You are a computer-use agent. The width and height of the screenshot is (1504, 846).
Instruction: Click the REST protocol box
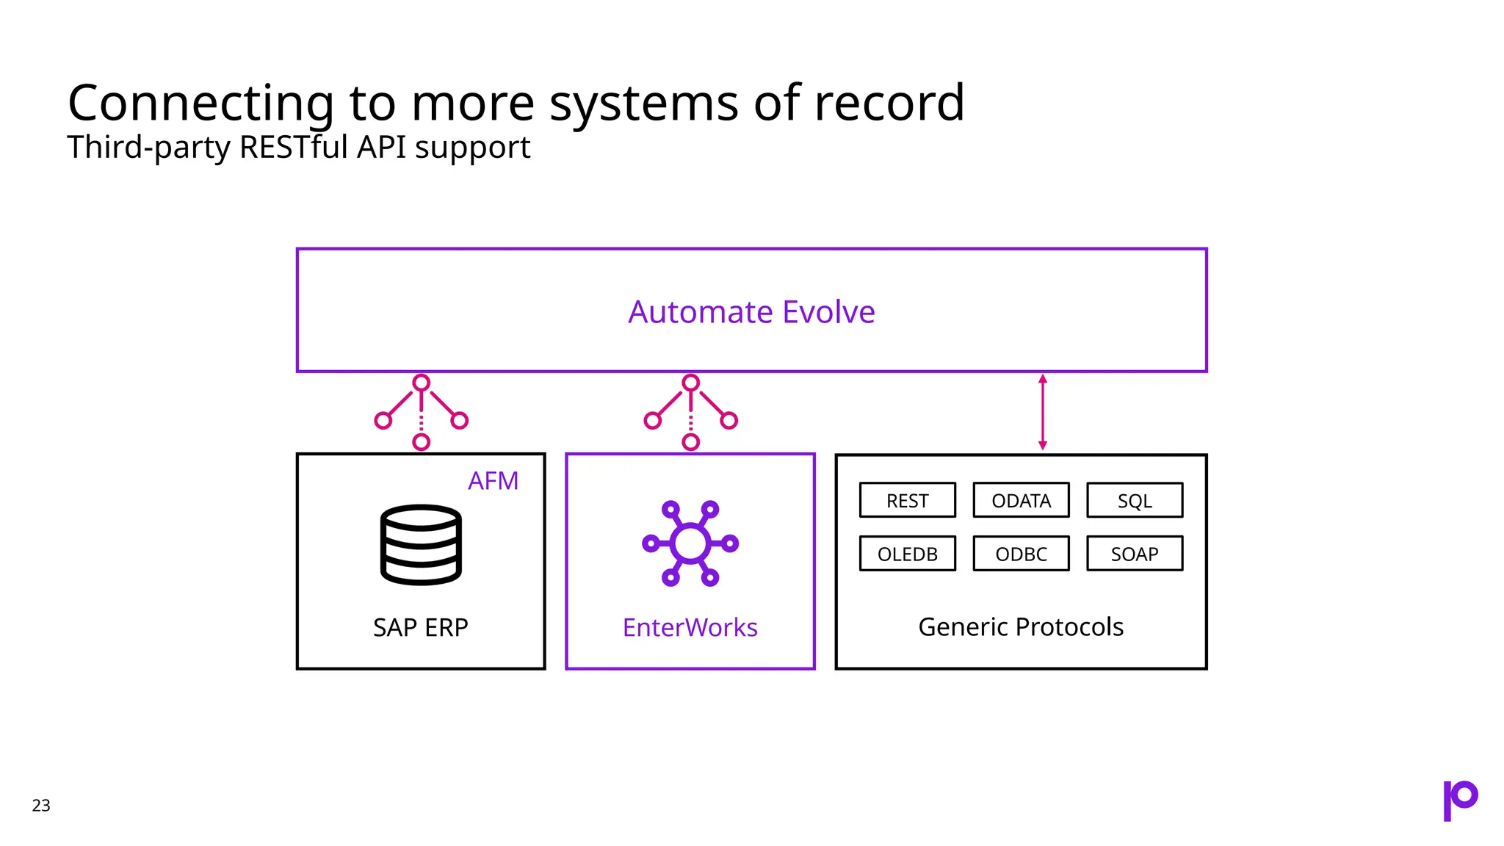coord(907,500)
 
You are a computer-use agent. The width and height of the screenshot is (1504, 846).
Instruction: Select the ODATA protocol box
coord(1021,500)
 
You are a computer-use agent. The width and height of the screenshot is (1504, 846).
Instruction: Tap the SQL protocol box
coord(1135,500)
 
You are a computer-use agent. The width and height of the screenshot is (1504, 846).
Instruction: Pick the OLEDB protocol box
coord(907,554)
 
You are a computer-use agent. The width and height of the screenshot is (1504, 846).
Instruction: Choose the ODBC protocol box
coord(1021,554)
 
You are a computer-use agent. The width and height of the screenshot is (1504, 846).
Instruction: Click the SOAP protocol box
coord(1135,554)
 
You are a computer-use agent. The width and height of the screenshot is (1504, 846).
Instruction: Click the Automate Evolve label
coord(751,312)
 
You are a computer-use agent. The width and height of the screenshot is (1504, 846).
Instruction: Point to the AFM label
coord(493,481)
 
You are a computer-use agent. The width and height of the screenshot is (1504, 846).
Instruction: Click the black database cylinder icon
coord(421,544)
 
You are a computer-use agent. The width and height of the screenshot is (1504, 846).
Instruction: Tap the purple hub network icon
coord(690,543)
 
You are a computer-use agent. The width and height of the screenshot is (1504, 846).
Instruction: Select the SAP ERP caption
coord(420,628)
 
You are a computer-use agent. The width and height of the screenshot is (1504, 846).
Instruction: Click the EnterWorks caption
coord(690,628)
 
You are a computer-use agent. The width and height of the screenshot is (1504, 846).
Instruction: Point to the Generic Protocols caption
coord(1021,627)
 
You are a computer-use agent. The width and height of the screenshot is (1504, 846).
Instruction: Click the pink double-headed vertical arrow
coord(1042,412)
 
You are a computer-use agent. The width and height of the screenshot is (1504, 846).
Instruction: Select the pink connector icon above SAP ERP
coord(421,412)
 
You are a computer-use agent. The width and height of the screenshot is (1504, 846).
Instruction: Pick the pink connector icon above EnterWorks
coord(690,412)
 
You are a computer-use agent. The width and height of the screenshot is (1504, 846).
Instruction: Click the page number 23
coord(41,806)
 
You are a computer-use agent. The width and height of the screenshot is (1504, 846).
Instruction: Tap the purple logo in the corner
coord(1460,800)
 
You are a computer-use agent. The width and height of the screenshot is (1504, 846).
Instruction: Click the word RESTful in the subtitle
coord(294,147)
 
